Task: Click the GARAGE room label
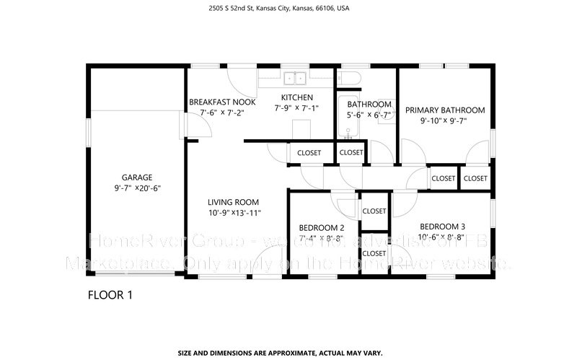[x=136, y=177]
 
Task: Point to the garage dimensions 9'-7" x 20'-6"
[x=136, y=188]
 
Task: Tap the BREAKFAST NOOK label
[x=222, y=102]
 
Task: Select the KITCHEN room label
[x=296, y=97]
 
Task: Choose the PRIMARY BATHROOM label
[x=444, y=110]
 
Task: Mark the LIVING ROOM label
[x=233, y=202]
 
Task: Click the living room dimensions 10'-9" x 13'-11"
[x=233, y=213]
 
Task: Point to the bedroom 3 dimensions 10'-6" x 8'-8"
[x=442, y=237]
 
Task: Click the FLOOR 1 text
[x=110, y=294]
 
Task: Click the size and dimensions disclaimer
[x=288, y=353]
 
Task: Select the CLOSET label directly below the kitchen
[x=309, y=153]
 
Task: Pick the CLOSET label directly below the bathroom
[x=351, y=152]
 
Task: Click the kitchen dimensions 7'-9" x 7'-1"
[x=296, y=108]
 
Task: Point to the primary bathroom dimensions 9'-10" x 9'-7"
[x=444, y=121]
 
